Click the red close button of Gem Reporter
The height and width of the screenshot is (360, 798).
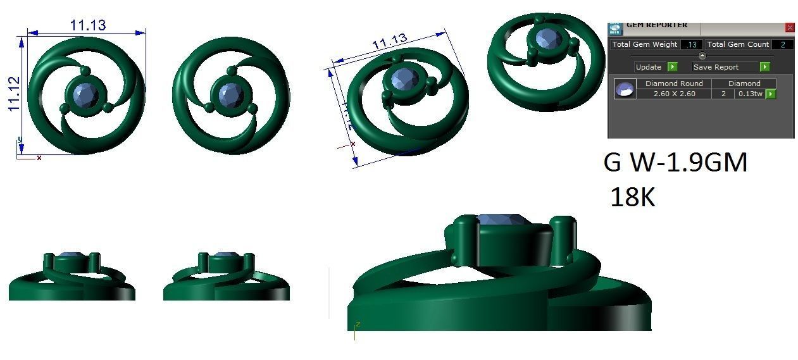point(789,28)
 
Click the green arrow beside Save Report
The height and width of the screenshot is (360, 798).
point(764,67)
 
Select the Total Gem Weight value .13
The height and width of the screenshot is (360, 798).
point(691,45)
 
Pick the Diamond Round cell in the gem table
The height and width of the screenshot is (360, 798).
point(674,84)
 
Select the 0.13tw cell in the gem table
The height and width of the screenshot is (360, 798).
point(750,94)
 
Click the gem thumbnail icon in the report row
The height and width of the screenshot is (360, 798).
point(626,89)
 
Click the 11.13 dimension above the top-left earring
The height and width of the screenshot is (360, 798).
point(87,25)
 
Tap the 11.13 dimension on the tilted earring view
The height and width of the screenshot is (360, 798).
point(389,43)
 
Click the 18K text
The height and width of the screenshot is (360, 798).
point(632,198)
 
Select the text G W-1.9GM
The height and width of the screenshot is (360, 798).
point(675,163)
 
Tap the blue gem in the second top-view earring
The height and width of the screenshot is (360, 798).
point(231,96)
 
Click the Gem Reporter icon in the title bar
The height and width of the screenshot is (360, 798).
point(615,28)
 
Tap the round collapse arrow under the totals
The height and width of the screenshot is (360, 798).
point(702,56)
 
